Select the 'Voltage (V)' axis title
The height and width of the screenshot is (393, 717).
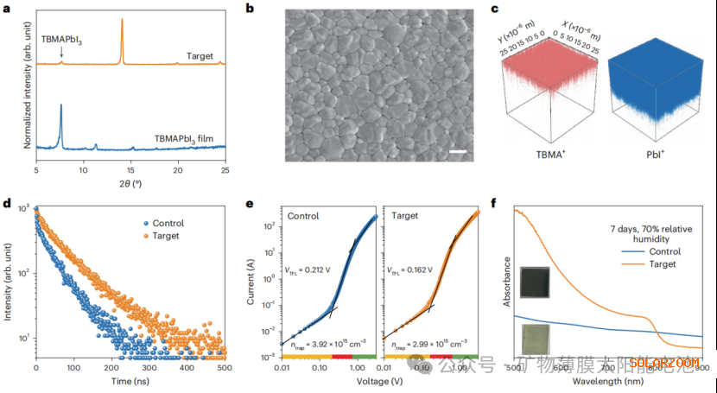click(381, 381)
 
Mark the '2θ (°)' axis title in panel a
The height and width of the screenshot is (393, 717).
click(130, 187)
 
